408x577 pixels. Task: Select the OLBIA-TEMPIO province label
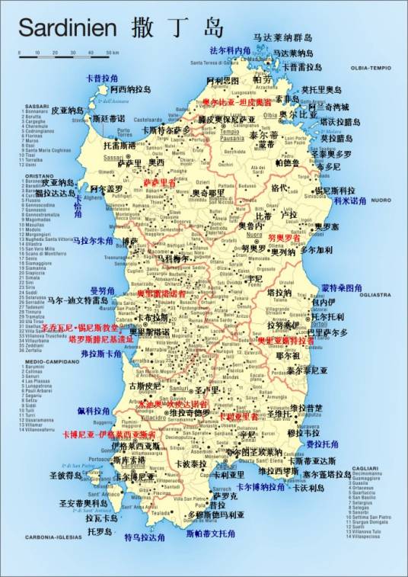click(x=369, y=68)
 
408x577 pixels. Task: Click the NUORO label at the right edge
click(x=381, y=200)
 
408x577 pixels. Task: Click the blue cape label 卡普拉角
click(x=102, y=79)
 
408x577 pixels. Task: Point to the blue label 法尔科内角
click(x=229, y=50)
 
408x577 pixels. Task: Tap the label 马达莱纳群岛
click(x=282, y=37)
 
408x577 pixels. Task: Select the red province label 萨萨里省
click(x=159, y=183)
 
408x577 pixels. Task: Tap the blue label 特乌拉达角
click(x=145, y=537)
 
